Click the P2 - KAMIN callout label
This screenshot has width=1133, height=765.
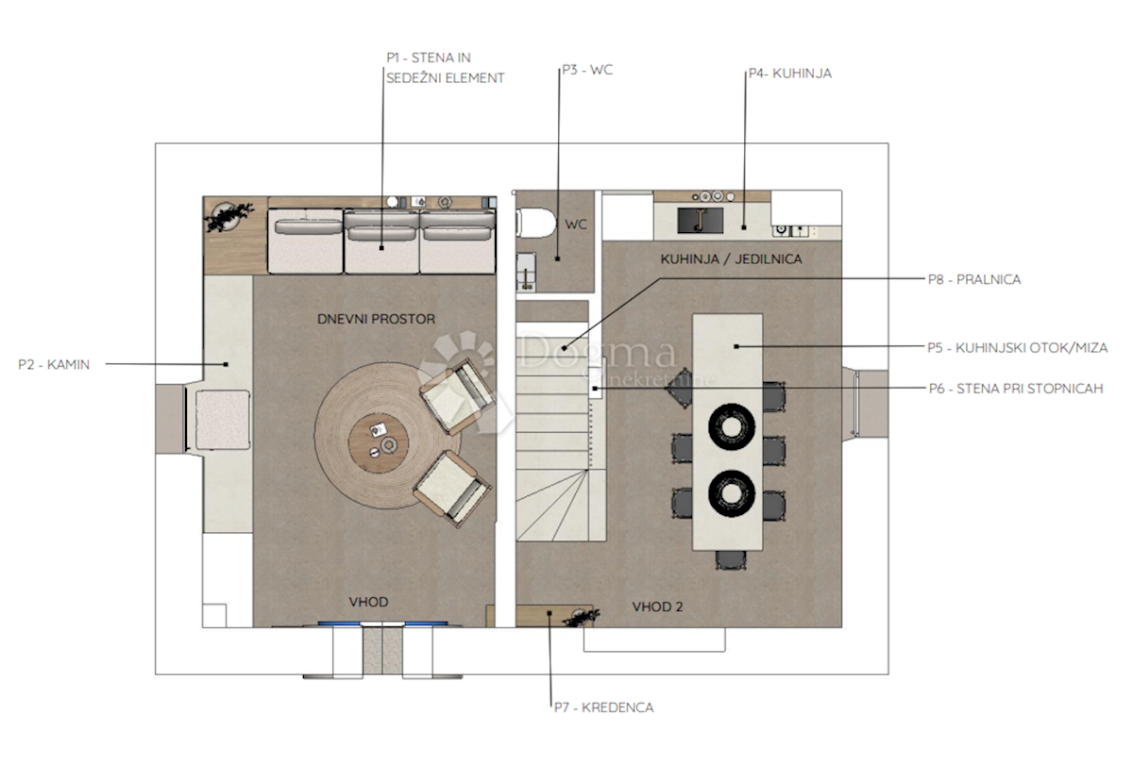point(54,365)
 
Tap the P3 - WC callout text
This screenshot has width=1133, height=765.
point(586,70)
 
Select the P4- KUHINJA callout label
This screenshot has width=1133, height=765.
point(789,73)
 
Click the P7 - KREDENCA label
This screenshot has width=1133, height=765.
point(604,707)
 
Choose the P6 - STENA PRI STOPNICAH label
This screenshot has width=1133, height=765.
point(1016,388)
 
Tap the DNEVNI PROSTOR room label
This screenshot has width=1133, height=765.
point(377,320)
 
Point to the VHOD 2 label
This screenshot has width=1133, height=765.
point(657,607)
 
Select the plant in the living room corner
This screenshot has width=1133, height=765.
point(228,217)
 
